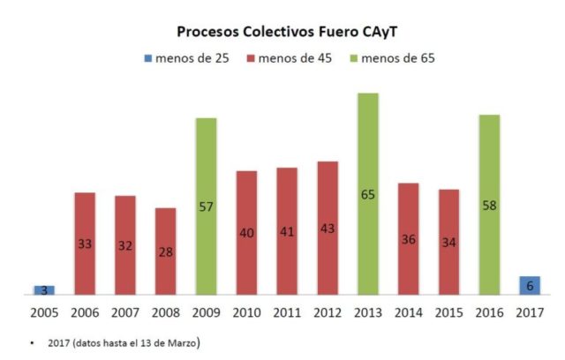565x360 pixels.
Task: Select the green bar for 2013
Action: click(x=368, y=194)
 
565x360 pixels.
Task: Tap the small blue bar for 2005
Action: click(x=44, y=290)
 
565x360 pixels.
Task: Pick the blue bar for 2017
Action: click(x=530, y=285)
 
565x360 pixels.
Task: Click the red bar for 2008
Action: click(x=166, y=251)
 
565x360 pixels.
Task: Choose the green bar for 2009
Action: click(x=206, y=206)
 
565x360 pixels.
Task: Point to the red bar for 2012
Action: click(x=328, y=228)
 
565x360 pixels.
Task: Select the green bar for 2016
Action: click(x=489, y=205)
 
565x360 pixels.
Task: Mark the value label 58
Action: click(x=489, y=205)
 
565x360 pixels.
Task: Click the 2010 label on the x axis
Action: click(x=246, y=312)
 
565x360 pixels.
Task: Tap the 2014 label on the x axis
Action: click(x=408, y=312)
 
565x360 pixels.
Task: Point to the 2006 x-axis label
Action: click(x=85, y=312)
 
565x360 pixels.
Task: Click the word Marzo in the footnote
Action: click(x=180, y=340)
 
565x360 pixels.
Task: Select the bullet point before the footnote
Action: click(x=33, y=341)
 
